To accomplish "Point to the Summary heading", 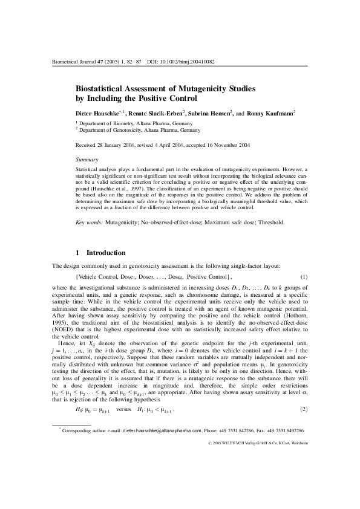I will (x=87, y=158).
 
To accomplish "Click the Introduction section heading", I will (x=106, y=252).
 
